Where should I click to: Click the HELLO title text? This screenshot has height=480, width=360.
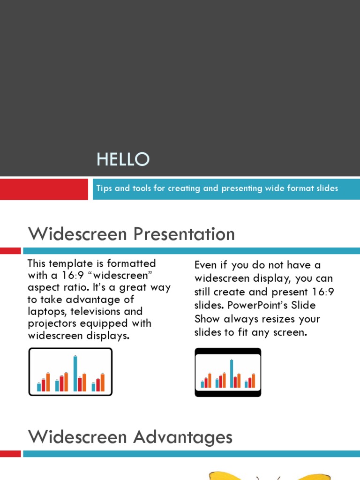coord(123,160)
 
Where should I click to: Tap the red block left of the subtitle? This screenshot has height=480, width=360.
coord(44,188)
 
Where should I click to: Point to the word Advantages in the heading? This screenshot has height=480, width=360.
coord(183,437)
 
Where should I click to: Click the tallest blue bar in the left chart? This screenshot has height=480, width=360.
coord(75,373)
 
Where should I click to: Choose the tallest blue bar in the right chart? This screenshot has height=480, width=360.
coord(231,373)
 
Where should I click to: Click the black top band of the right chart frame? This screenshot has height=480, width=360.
coord(228,351)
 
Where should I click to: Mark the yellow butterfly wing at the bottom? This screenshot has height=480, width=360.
coord(225,475)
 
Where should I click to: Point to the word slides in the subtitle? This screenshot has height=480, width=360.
coord(326,188)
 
